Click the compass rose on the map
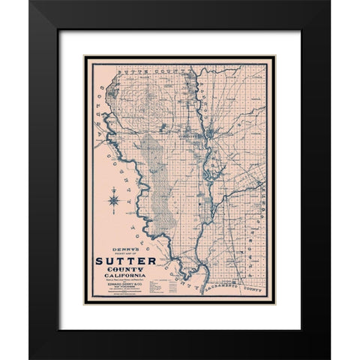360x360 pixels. tap(112, 199)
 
